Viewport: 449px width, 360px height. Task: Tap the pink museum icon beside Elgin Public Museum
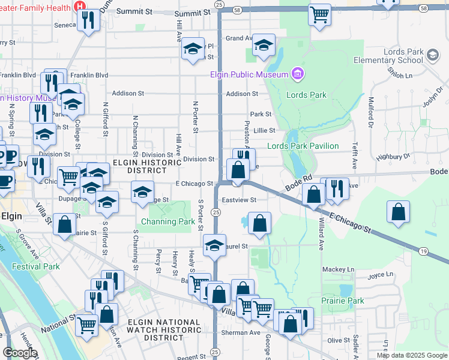coord(296,74)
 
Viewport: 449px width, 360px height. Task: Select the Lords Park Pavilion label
coord(303,146)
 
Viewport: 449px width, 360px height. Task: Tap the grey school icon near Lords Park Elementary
coord(432,56)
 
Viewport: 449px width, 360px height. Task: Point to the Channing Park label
coord(168,221)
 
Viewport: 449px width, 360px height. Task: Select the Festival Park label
coord(38,266)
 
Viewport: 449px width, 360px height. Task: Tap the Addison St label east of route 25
coord(242,94)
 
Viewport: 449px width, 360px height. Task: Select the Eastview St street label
coord(239,200)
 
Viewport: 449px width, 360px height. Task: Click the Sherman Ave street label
coord(246,332)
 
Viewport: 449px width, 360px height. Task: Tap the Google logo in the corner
coord(19,353)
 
